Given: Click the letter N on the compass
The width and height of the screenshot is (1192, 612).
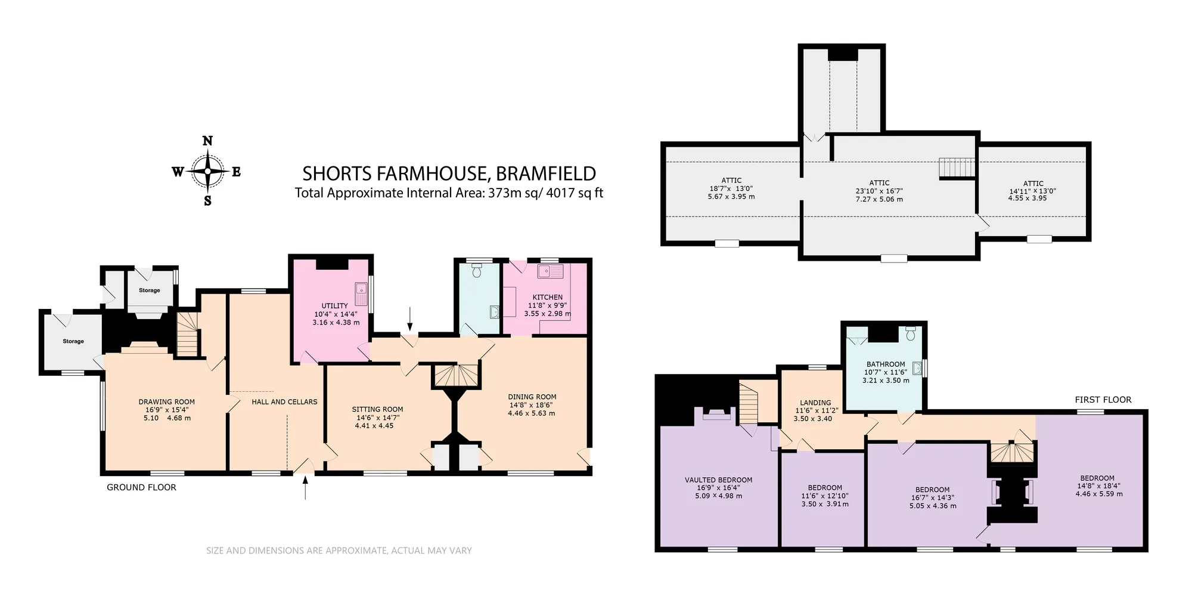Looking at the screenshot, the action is point(207,141).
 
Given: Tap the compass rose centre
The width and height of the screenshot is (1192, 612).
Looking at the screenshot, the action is point(207,171).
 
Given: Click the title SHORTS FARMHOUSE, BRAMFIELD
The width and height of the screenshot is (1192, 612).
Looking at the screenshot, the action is point(449,174).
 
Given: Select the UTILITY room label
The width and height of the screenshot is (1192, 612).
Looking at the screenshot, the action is point(334,305).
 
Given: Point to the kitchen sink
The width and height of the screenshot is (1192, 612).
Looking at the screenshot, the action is point(550,272).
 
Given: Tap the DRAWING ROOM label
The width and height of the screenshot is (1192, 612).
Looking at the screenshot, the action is point(167,401).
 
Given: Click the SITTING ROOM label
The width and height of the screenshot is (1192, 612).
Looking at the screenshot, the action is point(377,409).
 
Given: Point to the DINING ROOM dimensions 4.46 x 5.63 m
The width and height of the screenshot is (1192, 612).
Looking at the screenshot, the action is point(532,413).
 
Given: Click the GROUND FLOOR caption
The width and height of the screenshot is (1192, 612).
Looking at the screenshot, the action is point(141,487).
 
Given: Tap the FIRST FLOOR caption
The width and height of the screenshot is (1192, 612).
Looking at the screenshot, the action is point(1103,400).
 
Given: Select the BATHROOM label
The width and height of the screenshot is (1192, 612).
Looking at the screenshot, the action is point(886,364).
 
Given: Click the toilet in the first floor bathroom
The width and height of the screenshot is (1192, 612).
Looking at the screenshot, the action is point(910,333).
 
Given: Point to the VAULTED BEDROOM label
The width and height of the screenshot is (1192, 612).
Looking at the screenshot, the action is point(718,480).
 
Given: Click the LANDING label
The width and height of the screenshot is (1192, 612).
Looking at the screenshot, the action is point(815,403).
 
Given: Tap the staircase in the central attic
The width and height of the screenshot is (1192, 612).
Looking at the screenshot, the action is point(957,168).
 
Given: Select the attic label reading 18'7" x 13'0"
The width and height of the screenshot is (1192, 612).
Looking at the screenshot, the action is point(731,188).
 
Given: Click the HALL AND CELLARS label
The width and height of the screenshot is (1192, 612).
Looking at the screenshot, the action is point(284,401).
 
